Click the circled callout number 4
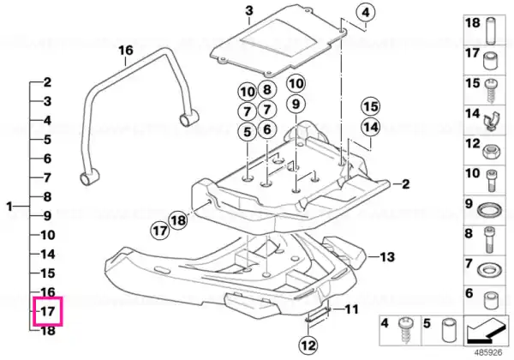pos(366,13)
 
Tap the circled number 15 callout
pos(371,107)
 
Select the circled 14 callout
pos(371,127)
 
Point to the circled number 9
pos(296,104)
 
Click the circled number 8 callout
pos(267,89)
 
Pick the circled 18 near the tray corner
pos(178,220)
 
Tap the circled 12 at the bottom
pos(308,345)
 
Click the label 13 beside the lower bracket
pos(387,257)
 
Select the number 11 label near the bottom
pos(350,309)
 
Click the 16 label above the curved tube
pos(126,51)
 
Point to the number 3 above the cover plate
pos(249,11)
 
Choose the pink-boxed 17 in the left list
pos(47,311)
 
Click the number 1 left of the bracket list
pos(9,207)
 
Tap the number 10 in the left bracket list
pos(47,235)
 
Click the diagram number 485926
pos(488,353)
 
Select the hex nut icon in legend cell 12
pos(490,152)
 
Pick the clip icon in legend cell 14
pos(491,122)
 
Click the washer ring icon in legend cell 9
pos(489,209)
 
